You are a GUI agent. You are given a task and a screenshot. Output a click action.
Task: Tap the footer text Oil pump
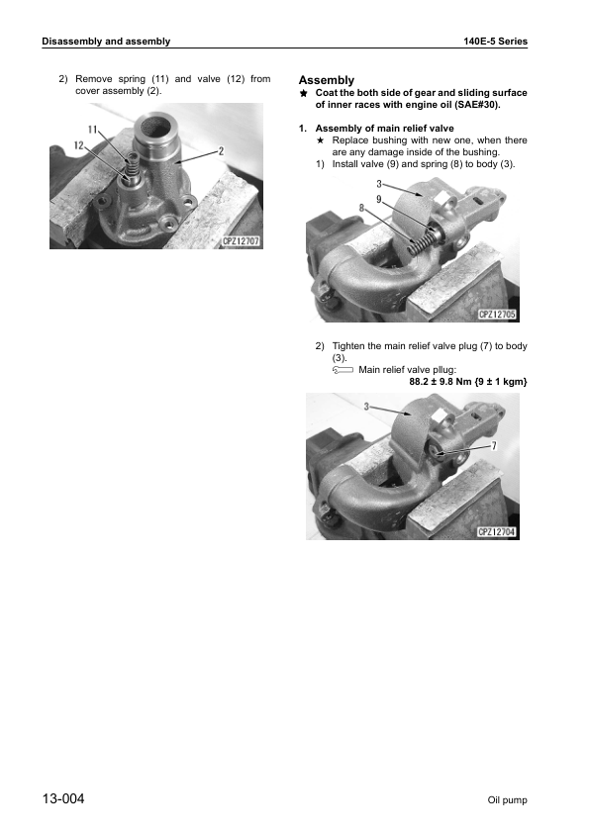pyautogui.click(x=507, y=799)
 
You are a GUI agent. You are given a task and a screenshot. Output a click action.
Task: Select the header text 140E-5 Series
pyautogui.click(x=495, y=42)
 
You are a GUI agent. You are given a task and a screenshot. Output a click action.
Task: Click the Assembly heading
pyautogui.click(x=326, y=80)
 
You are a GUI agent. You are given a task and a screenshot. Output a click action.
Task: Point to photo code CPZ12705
pyautogui.click(x=498, y=314)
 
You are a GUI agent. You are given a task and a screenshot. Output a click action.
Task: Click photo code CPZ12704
pyautogui.click(x=498, y=531)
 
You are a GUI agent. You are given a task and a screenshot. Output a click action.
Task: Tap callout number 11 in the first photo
pyautogui.click(x=93, y=130)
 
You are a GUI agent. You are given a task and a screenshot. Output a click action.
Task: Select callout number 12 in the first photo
pyautogui.click(x=76, y=145)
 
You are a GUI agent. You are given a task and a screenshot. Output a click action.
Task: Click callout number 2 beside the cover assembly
pyautogui.click(x=221, y=150)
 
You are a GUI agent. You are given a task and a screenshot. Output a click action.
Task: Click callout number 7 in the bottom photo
pyautogui.click(x=493, y=446)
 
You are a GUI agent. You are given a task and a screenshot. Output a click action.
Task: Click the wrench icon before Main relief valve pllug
pyautogui.click(x=342, y=370)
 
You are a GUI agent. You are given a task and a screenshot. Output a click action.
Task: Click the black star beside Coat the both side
pyautogui.click(x=304, y=93)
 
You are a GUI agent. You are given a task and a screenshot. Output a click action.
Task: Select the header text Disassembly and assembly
pyautogui.click(x=106, y=42)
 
